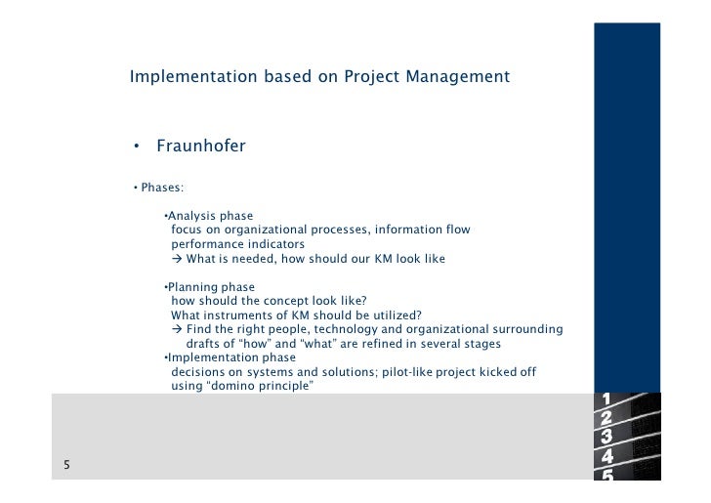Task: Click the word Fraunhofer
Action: point(200,147)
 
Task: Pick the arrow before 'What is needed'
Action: point(178,259)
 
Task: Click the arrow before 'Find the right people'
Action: point(178,330)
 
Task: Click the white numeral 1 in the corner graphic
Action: point(607,399)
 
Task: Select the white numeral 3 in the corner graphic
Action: point(607,437)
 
